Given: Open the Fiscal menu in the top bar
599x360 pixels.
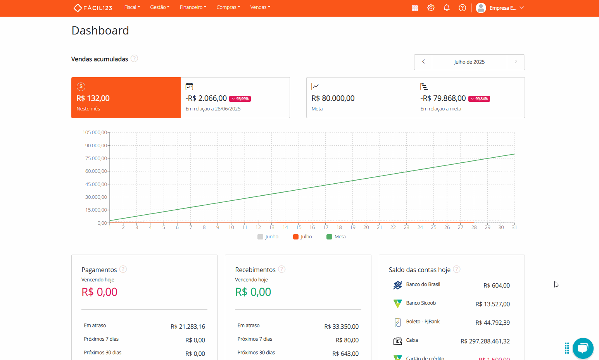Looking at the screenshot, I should click(132, 7).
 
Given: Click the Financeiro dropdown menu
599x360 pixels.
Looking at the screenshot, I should click(193, 7).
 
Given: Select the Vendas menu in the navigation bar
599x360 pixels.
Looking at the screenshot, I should click(260, 7).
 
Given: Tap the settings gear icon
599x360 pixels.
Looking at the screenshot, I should click(431, 8).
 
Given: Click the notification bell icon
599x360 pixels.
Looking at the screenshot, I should click(447, 8).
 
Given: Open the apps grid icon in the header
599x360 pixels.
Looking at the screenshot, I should click(415, 8).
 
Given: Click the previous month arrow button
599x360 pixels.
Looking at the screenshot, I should click(423, 62).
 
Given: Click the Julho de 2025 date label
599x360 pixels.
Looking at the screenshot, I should click(469, 62).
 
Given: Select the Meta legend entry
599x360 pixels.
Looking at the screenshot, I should click(336, 237).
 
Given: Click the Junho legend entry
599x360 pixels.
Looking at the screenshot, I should click(268, 237).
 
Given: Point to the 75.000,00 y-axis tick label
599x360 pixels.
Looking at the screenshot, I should click(96, 158).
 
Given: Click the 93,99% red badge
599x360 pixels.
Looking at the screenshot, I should click(240, 99).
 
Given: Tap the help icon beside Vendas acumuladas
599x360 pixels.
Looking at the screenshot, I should click(134, 59).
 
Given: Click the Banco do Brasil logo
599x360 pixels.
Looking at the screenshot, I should click(397, 285).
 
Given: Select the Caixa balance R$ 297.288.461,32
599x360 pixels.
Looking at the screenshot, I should click(485, 341).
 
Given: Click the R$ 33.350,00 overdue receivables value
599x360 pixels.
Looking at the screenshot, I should click(341, 327).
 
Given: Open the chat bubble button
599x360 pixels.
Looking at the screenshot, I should click(583, 348).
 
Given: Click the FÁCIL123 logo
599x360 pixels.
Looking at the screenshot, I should click(93, 8).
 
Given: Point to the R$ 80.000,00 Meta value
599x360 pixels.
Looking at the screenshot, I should click(333, 98).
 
